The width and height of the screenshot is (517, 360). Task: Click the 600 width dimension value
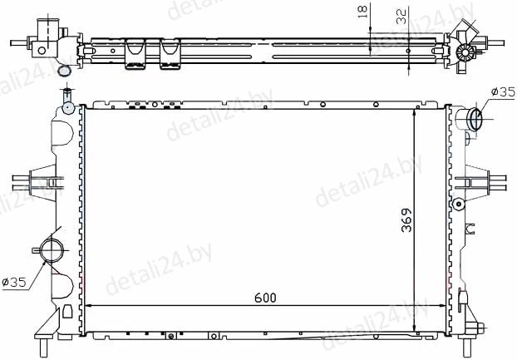click(x=265, y=298)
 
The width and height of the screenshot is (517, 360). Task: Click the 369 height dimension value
click(x=406, y=219)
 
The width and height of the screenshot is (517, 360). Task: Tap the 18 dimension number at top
click(x=362, y=11)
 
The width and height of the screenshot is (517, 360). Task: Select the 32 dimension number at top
click(x=401, y=17)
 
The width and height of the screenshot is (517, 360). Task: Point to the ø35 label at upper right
click(x=503, y=92)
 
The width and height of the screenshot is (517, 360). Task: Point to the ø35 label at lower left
click(x=14, y=282)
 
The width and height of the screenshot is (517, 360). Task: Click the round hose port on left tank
click(x=52, y=250)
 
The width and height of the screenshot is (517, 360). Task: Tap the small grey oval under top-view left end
click(x=64, y=71)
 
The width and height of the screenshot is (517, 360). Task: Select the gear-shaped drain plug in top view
click(x=465, y=52)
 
